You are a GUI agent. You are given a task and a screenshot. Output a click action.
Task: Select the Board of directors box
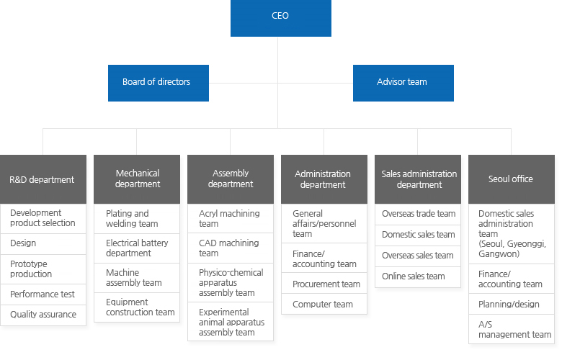(x=158, y=83)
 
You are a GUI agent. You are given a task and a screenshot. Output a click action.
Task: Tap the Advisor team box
(x=403, y=83)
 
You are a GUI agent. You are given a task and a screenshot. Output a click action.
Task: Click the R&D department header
(x=43, y=179)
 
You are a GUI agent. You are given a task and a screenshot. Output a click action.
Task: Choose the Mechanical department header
(x=137, y=179)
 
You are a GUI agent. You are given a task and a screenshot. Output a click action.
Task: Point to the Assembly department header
(x=231, y=179)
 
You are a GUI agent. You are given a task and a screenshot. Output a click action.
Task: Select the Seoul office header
(x=511, y=179)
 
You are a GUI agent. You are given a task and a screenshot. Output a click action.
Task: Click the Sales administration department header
(x=418, y=179)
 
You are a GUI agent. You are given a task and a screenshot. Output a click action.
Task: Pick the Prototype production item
(x=43, y=269)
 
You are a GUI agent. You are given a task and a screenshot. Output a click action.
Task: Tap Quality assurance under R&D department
(x=43, y=315)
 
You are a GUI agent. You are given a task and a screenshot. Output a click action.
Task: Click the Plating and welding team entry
(x=137, y=218)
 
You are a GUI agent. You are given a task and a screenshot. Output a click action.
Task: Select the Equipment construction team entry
(x=137, y=307)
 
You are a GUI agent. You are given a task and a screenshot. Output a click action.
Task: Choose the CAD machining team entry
(x=231, y=248)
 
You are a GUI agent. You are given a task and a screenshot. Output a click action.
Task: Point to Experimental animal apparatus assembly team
(x=231, y=322)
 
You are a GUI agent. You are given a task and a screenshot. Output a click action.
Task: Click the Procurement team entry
(x=324, y=284)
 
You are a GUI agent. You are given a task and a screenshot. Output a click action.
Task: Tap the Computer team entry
(x=324, y=305)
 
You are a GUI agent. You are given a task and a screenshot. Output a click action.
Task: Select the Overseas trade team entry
(x=418, y=214)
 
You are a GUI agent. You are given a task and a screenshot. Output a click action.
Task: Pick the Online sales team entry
(x=418, y=276)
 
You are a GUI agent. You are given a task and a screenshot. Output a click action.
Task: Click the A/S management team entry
(x=511, y=330)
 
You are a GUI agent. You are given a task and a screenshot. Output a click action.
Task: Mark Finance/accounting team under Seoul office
(x=511, y=279)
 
